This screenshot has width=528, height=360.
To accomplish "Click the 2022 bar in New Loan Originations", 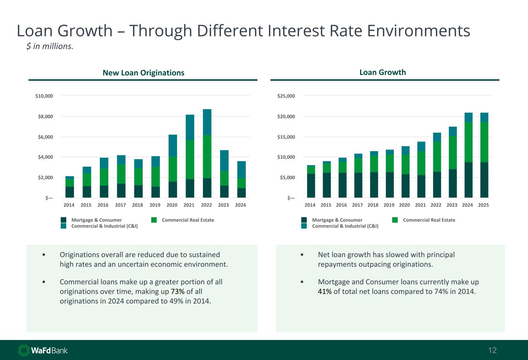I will coord(207,154).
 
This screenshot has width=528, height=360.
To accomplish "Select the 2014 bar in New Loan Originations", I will coord(70,187).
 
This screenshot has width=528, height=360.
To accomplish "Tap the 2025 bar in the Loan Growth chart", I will coord(484,155).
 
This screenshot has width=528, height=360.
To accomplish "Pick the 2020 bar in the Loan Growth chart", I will coord(405,172).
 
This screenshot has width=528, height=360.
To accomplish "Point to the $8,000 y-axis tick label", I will coord(44,116).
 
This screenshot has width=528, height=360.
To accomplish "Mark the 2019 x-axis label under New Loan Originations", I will coord(155,205).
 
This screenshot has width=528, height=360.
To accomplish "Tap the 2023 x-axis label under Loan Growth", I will coord(452,205).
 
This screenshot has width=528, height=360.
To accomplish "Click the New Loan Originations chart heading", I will coord(143,73).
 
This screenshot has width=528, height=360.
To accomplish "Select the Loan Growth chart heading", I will coord(383,72).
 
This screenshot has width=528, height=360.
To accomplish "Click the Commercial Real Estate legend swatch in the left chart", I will coord(154,220).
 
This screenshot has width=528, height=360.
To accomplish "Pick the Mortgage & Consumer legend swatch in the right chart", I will coord(304,220).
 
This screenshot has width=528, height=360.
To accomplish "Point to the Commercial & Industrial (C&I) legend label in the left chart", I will coord(104,226).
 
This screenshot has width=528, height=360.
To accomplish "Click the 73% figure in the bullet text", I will coord(178,292).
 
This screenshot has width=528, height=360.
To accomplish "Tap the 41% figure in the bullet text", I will coord(325,292).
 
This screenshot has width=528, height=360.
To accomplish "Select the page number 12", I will coord(492,350).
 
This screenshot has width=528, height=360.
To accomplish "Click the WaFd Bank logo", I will coord(43,350).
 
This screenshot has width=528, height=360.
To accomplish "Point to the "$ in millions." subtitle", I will coord(50,46).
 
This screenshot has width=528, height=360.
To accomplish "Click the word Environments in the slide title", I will coord(419,31).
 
